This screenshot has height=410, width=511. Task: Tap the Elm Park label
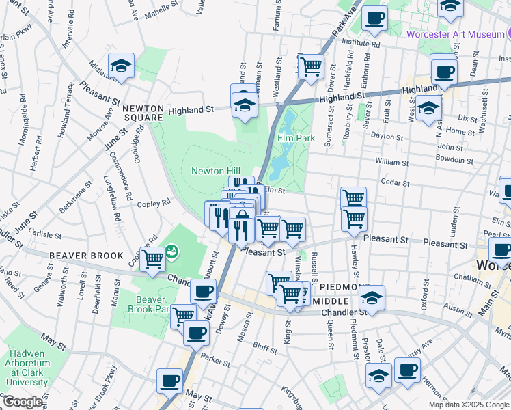click(296, 138)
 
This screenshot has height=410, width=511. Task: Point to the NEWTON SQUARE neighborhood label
click(143, 113)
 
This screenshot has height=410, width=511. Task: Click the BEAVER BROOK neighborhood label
click(86, 256)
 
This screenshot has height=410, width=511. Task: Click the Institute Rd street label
click(361, 42)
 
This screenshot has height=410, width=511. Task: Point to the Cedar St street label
click(395, 182)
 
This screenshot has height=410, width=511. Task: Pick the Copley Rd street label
click(158, 204)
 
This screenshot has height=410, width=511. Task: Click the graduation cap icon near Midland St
click(121, 66)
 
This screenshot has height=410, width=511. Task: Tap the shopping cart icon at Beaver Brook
click(153, 259)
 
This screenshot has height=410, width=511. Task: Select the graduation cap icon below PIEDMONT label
click(372, 298)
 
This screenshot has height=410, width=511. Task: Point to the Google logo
click(23, 402)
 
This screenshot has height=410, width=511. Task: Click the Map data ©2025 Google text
click(468, 405)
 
